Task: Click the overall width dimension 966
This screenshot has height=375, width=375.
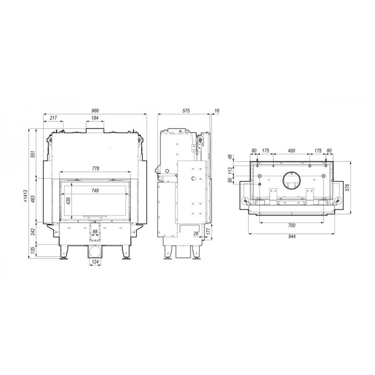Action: coord(95,111)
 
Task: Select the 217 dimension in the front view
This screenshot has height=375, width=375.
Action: coord(53,118)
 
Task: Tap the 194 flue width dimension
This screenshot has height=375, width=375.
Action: coord(95,118)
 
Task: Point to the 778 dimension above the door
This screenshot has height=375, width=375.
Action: coord(95,168)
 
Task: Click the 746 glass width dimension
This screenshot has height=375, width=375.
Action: coord(95,190)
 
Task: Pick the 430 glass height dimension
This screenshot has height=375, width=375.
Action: coord(68,200)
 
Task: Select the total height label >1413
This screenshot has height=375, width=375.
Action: coord(26,196)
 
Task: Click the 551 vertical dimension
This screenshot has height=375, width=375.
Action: coord(33,154)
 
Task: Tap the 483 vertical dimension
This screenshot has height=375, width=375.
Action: coord(33,199)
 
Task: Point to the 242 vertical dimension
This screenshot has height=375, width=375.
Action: coord(33,232)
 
